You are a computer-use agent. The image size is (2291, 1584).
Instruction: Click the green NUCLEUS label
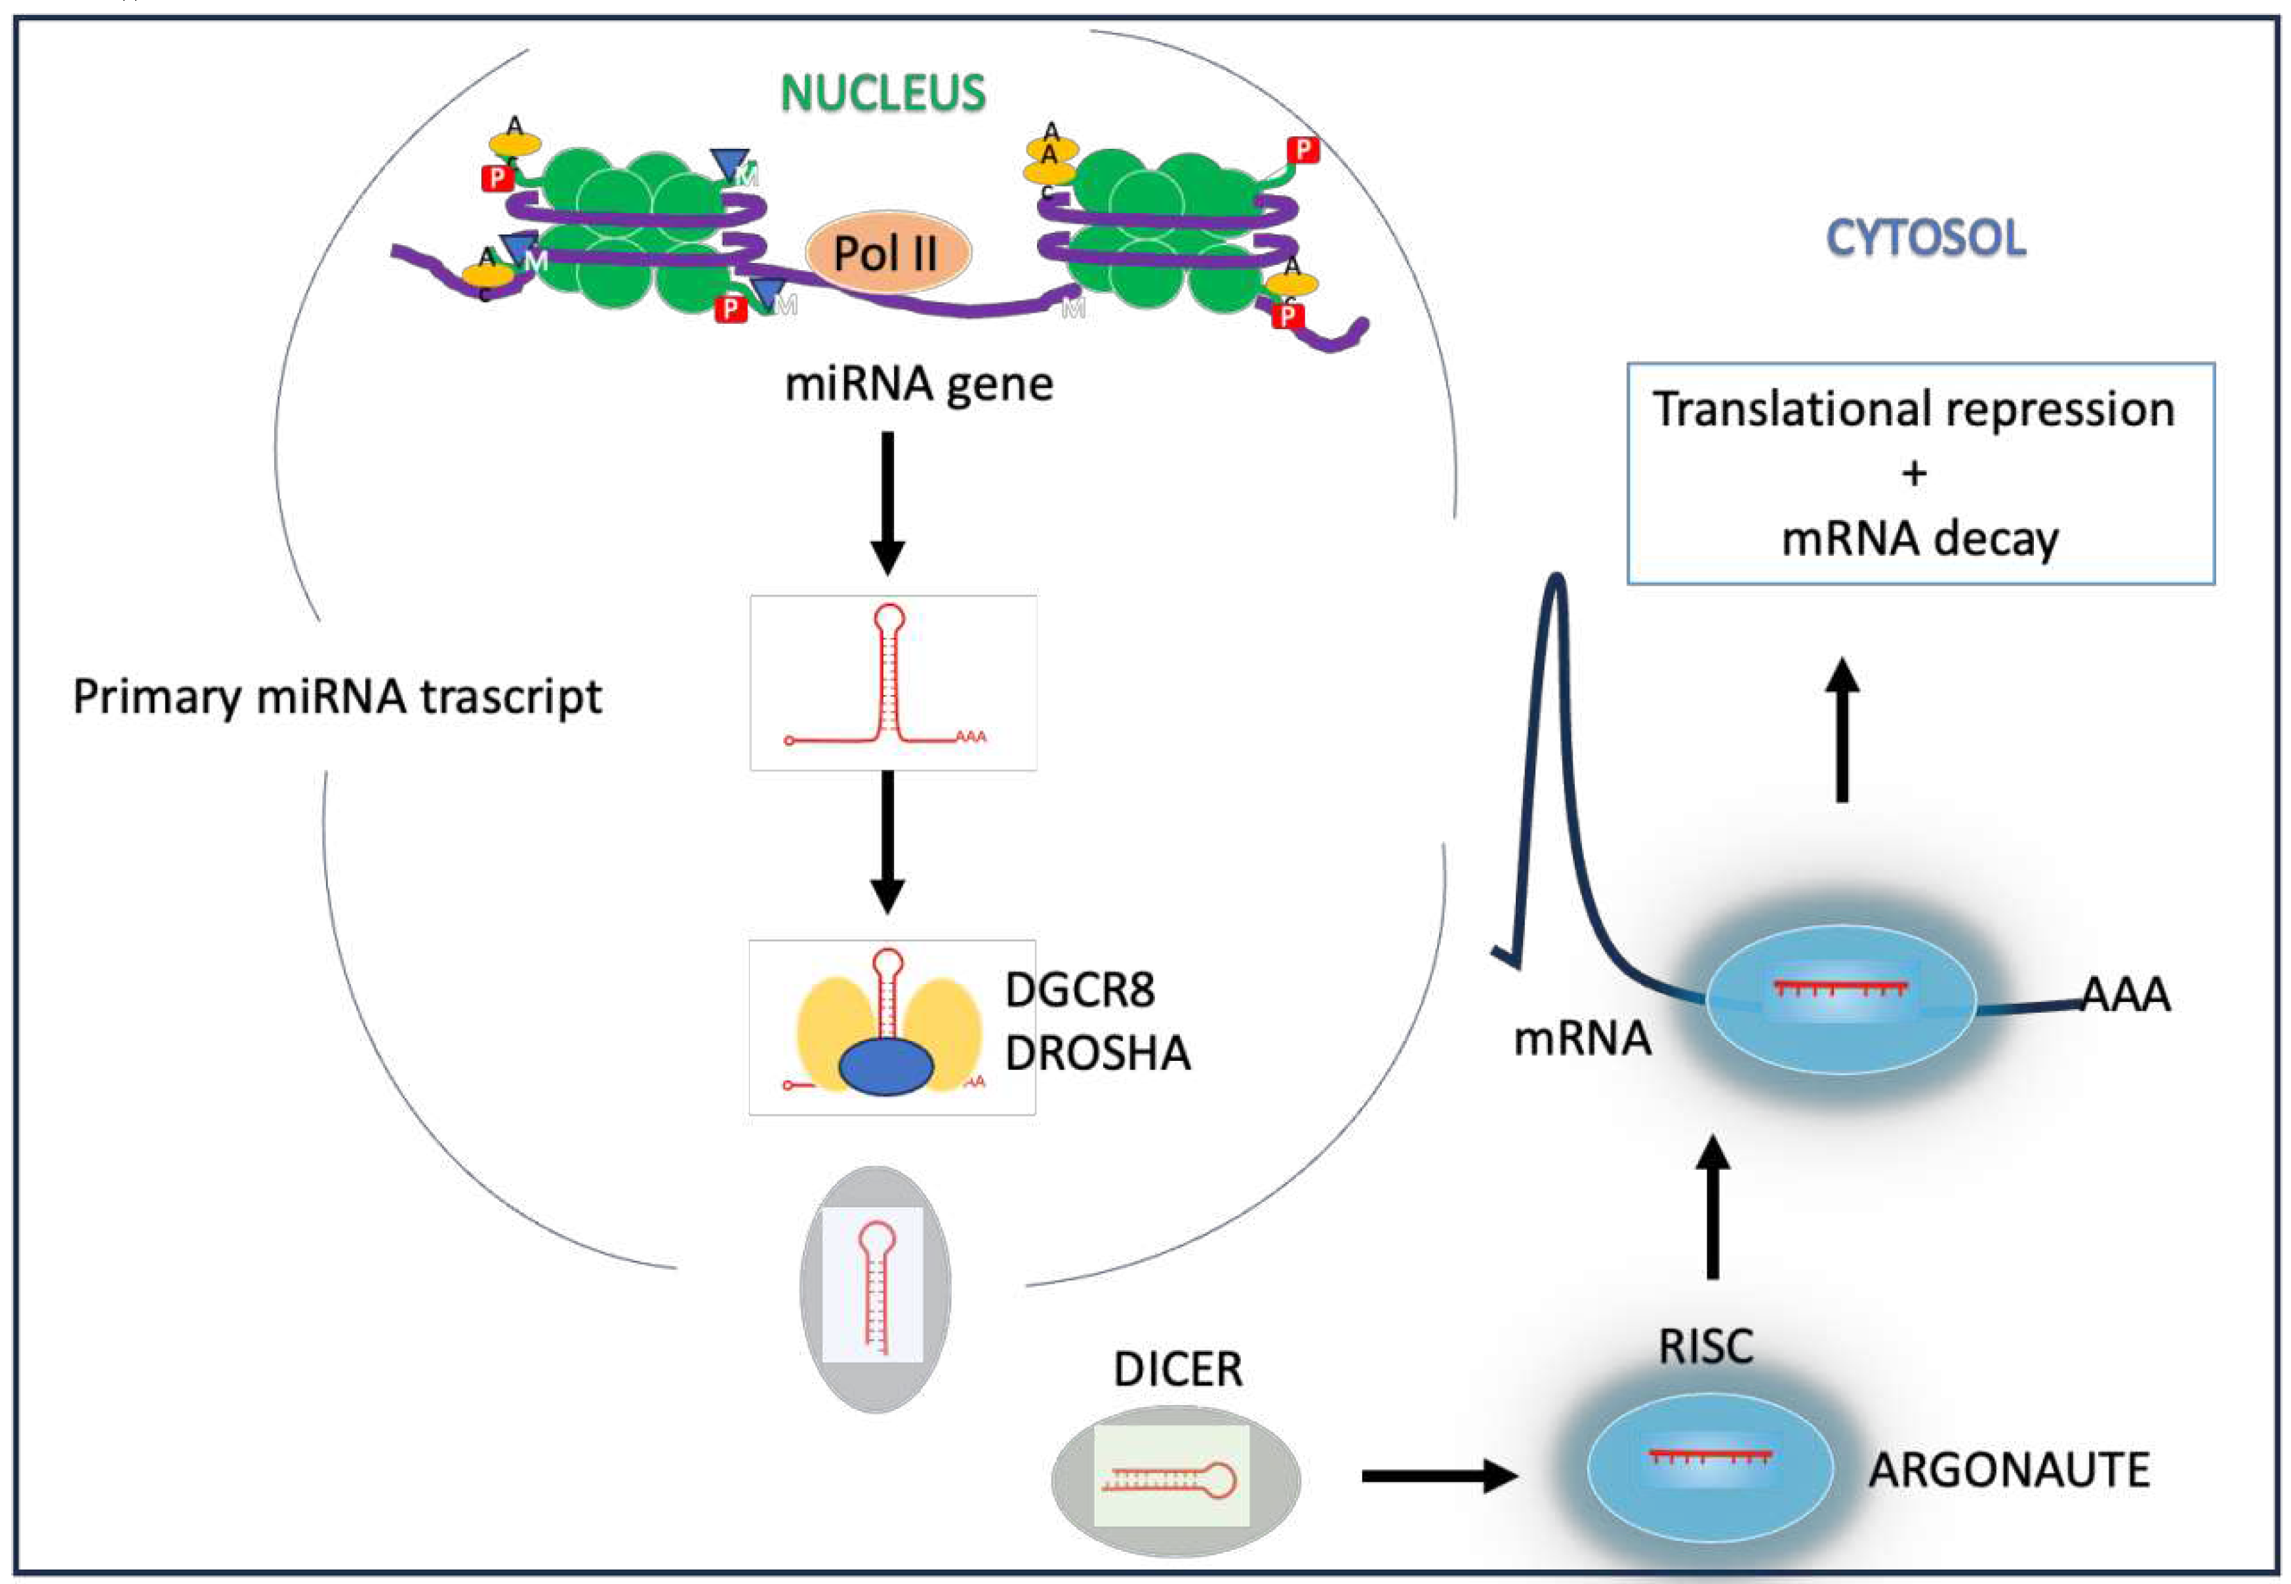882,93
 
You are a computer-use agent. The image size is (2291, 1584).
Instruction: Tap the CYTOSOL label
1925,238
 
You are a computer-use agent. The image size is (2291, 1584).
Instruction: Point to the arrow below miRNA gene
887,501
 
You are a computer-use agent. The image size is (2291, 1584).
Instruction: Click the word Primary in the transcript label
157,698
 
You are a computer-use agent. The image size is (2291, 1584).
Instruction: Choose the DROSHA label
1097,1053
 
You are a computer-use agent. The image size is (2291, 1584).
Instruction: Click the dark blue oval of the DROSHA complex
885,1067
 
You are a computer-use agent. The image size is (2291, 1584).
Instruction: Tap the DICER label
1177,1370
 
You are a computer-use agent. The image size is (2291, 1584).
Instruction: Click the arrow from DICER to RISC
1439,1476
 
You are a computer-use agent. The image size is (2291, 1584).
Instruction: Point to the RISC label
1705,1347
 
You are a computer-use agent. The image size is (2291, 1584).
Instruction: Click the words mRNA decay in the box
1920,539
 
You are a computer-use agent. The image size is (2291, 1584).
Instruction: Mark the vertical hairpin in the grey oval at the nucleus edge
874,1287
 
